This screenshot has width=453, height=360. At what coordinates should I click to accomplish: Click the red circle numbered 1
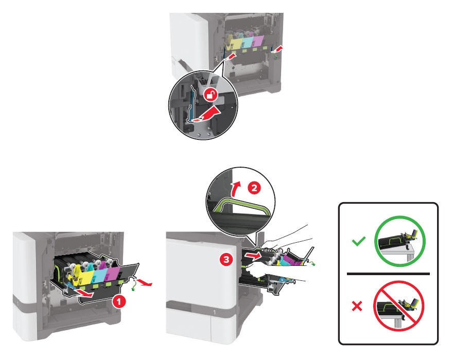tap(119, 301)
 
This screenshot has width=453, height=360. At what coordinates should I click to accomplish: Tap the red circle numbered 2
tap(254, 188)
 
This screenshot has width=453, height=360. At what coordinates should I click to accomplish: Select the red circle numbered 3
tap(226, 260)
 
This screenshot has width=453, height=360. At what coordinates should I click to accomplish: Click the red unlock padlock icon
tap(211, 95)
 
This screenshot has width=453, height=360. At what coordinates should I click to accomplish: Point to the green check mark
tap(358, 241)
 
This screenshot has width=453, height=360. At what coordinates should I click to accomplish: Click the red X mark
tap(357, 306)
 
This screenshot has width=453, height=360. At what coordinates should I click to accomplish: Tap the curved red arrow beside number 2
tap(237, 189)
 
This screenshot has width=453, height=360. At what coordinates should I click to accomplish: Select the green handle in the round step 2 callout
tap(242, 204)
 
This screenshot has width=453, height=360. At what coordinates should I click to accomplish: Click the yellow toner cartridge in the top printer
tap(234, 43)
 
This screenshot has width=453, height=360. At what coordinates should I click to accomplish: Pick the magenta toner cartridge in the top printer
tap(258, 41)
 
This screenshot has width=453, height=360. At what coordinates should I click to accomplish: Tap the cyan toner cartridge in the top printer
tap(247, 42)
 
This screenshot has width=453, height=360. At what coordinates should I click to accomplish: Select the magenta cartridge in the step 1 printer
tap(113, 273)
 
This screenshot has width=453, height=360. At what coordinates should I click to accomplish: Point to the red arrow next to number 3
tap(253, 255)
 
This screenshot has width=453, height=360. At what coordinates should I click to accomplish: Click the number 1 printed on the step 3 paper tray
tap(214, 312)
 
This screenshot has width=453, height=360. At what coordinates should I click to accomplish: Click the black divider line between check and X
tap(388, 274)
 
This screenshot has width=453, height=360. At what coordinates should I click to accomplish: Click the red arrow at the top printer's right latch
tap(277, 48)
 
